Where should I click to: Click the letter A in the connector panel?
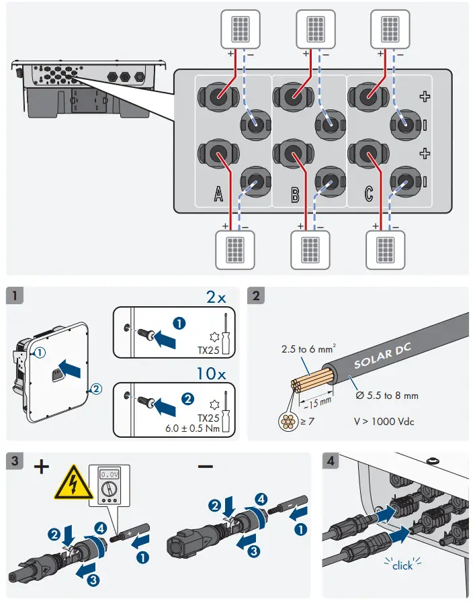218,193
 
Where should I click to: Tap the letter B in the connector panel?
295,194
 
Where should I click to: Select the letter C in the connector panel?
368,193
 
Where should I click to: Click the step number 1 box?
15,295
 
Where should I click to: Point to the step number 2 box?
256,295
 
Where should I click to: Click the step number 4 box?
331,461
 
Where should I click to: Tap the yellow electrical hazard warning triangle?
74,483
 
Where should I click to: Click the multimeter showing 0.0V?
110,486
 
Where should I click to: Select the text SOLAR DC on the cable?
382,356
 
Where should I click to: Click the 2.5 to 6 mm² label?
308,349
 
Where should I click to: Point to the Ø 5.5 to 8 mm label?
387,395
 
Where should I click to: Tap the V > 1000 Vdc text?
384,422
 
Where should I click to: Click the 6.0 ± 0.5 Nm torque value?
192,428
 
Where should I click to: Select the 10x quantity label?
211,374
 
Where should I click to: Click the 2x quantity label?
216,297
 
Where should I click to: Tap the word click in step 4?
402,565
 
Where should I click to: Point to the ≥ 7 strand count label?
307,421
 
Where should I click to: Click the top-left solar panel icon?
240,30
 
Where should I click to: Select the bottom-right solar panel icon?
386,250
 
